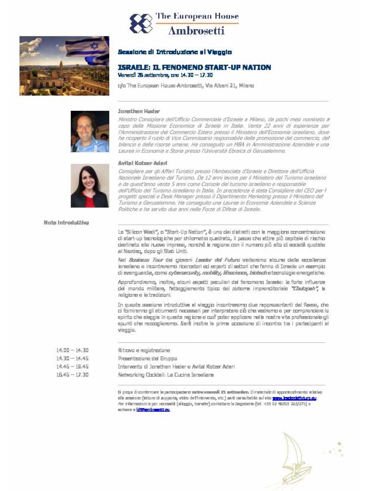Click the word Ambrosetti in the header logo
[196, 30]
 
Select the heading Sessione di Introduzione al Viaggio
[175, 52]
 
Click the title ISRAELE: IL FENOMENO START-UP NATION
[194, 68]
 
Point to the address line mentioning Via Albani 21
[186, 86]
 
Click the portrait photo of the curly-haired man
[90, 132]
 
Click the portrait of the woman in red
[90, 186]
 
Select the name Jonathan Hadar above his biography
[139, 111]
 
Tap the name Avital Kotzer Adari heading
[143, 163]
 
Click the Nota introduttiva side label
[66, 222]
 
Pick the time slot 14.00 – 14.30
[72, 350]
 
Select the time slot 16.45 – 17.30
[72, 375]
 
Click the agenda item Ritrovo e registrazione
[144, 350]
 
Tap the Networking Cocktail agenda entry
[166, 375]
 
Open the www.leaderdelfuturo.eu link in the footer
[294, 398]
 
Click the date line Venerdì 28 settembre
[165, 75]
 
